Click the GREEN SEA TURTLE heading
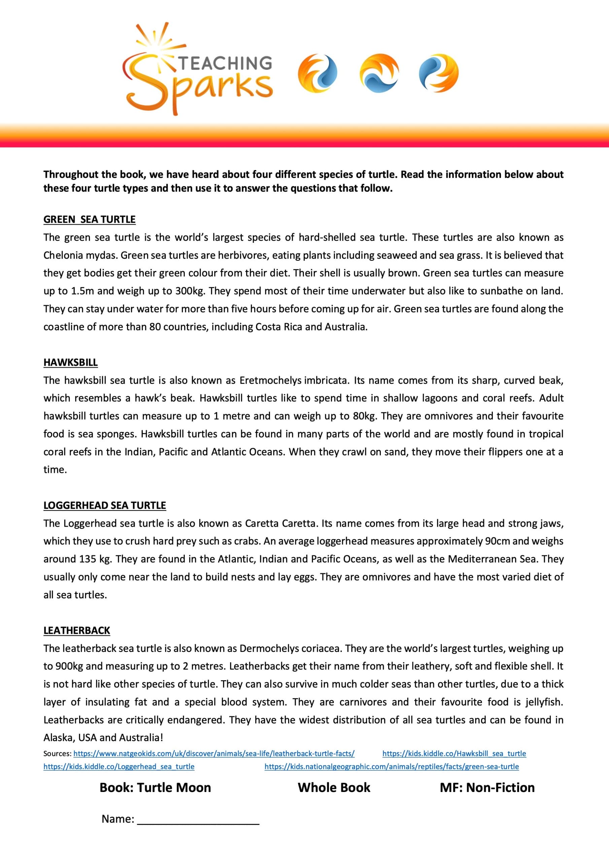[x=89, y=219]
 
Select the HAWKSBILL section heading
[x=71, y=362]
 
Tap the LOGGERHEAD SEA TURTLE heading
[x=105, y=505]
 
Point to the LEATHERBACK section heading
[x=77, y=630]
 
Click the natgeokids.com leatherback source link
[x=214, y=754]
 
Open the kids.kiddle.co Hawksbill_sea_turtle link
[x=454, y=754]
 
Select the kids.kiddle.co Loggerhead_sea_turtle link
[x=119, y=767]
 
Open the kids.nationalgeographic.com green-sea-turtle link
[x=392, y=767]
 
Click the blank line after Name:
[x=198, y=819]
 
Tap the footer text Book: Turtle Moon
[x=155, y=787]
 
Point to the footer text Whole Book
[x=334, y=787]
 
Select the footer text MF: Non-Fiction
[x=487, y=787]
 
